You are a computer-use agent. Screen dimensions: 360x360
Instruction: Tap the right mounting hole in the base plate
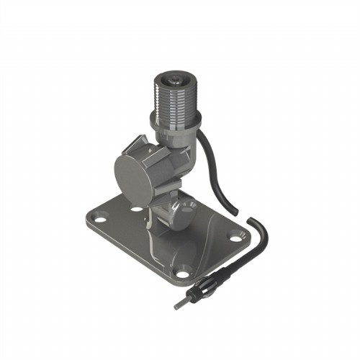[234, 234]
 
